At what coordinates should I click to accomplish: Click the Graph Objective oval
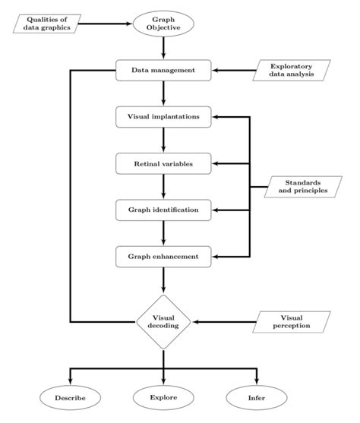(x=164, y=23)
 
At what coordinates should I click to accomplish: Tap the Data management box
(x=164, y=71)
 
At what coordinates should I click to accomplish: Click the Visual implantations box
(x=164, y=117)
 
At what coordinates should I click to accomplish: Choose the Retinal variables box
(x=164, y=163)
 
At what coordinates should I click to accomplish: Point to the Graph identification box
(x=164, y=209)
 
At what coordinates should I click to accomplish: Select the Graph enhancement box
(x=164, y=256)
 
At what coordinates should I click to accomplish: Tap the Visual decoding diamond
(x=164, y=321)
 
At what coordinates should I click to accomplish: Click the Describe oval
(x=70, y=397)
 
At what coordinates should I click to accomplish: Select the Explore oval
(x=164, y=397)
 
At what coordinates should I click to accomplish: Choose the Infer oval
(x=257, y=397)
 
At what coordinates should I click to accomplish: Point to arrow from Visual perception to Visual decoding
(x=228, y=321)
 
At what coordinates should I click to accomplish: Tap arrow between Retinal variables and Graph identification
(x=164, y=186)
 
